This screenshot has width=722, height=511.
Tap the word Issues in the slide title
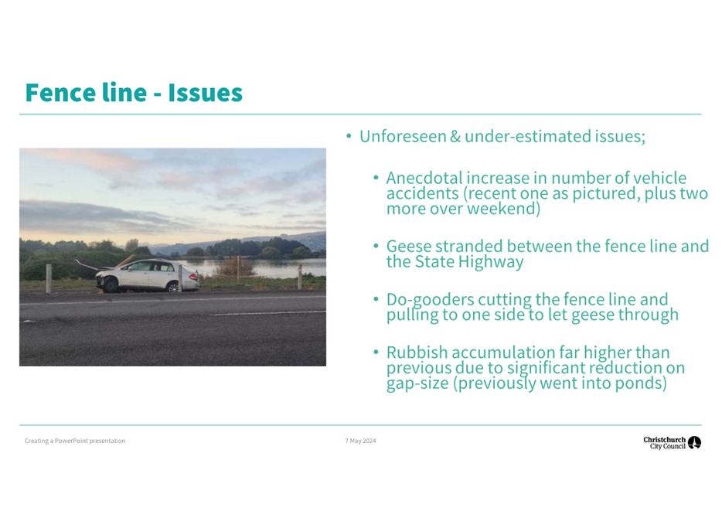click(205, 93)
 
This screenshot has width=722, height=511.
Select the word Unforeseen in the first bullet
click(403, 136)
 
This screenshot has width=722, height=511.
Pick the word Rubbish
click(417, 353)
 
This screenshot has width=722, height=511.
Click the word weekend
click(500, 209)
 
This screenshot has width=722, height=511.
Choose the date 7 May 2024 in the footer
click(360, 441)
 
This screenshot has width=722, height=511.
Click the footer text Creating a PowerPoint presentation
click(75, 441)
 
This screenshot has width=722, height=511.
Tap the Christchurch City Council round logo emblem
click(694, 442)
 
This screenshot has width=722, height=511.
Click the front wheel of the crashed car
click(111, 285)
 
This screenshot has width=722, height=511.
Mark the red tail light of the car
click(193, 277)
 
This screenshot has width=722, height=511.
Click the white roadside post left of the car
click(49, 278)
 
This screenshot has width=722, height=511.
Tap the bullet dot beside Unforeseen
click(349, 136)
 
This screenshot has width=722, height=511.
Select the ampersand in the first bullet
click(455, 136)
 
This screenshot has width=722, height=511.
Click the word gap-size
click(417, 383)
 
